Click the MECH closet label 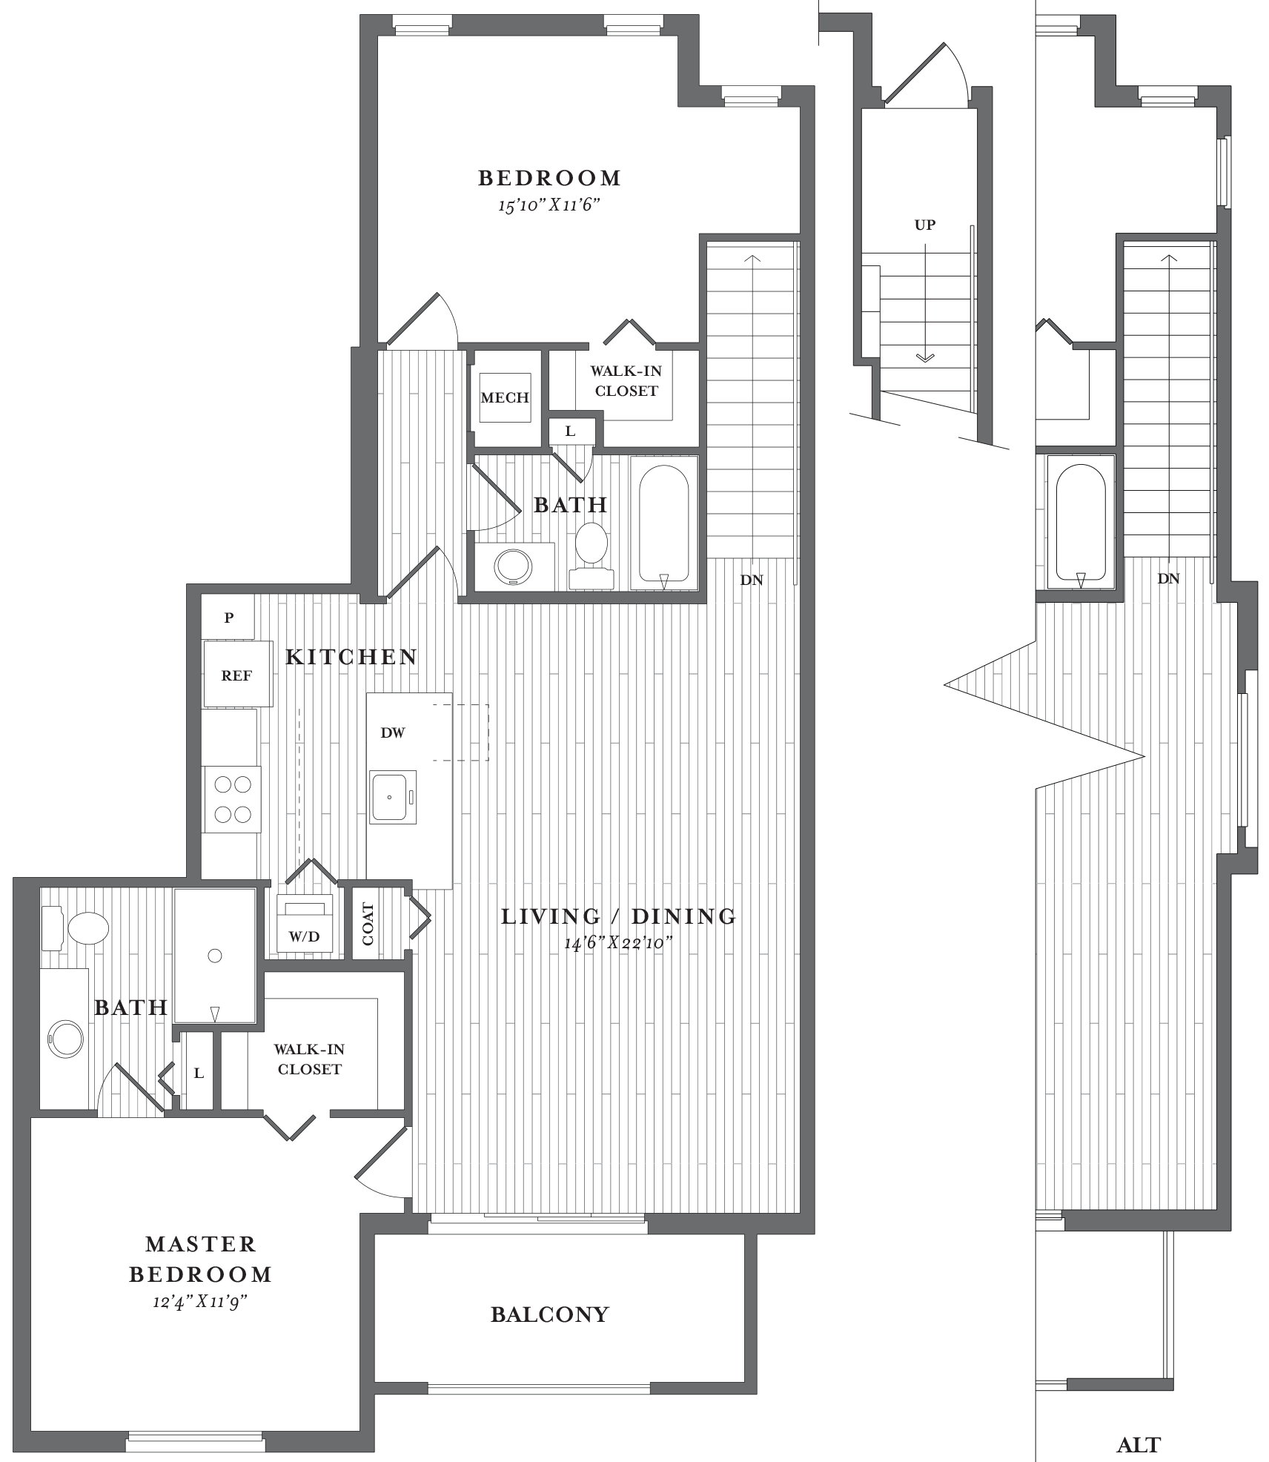(x=505, y=397)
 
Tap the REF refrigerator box (x=238, y=674)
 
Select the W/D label (x=304, y=936)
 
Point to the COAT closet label (x=368, y=924)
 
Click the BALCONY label (x=550, y=1314)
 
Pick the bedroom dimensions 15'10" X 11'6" (x=549, y=205)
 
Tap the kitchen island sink (x=393, y=797)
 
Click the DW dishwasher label (x=393, y=732)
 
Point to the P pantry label (x=229, y=617)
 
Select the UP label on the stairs (x=925, y=225)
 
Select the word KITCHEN (x=351, y=657)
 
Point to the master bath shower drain (x=215, y=956)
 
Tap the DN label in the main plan (x=752, y=580)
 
